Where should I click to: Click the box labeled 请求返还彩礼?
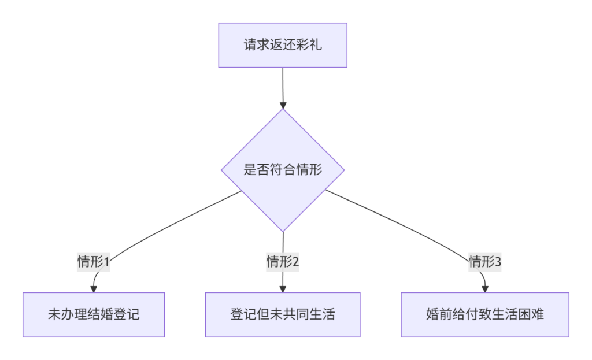coord(283,45)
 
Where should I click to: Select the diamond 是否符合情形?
coord(283,170)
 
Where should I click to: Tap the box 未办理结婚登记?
coord(94,315)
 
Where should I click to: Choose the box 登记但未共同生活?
coord(283,315)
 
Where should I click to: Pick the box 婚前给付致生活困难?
coord(485,315)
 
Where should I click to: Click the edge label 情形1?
coord(94,262)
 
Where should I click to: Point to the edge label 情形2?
coord(283,262)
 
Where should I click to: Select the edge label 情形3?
coord(485,262)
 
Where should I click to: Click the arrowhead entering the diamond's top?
coord(283,105)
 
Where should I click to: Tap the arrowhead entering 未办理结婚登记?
coord(94,289)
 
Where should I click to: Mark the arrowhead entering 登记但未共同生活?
coord(283,289)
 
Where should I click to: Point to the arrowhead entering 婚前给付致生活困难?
coord(485,289)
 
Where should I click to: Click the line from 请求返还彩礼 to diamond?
coord(283,86)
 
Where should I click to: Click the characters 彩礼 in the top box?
coord(309,45)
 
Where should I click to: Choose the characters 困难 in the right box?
coord(531,314)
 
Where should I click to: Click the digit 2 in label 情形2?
coord(295,262)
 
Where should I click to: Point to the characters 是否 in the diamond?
coord(256,170)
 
